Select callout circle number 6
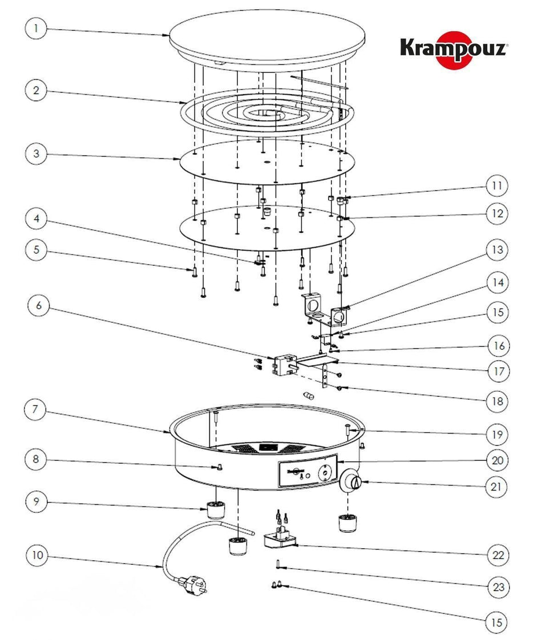(x=39, y=306)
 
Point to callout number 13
(x=497, y=250)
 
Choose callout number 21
(x=497, y=487)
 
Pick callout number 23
(x=497, y=587)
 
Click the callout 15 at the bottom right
(x=497, y=622)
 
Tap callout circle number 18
(x=497, y=401)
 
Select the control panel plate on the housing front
(x=306, y=473)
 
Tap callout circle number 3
(x=37, y=154)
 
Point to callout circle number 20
(x=497, y=460)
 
